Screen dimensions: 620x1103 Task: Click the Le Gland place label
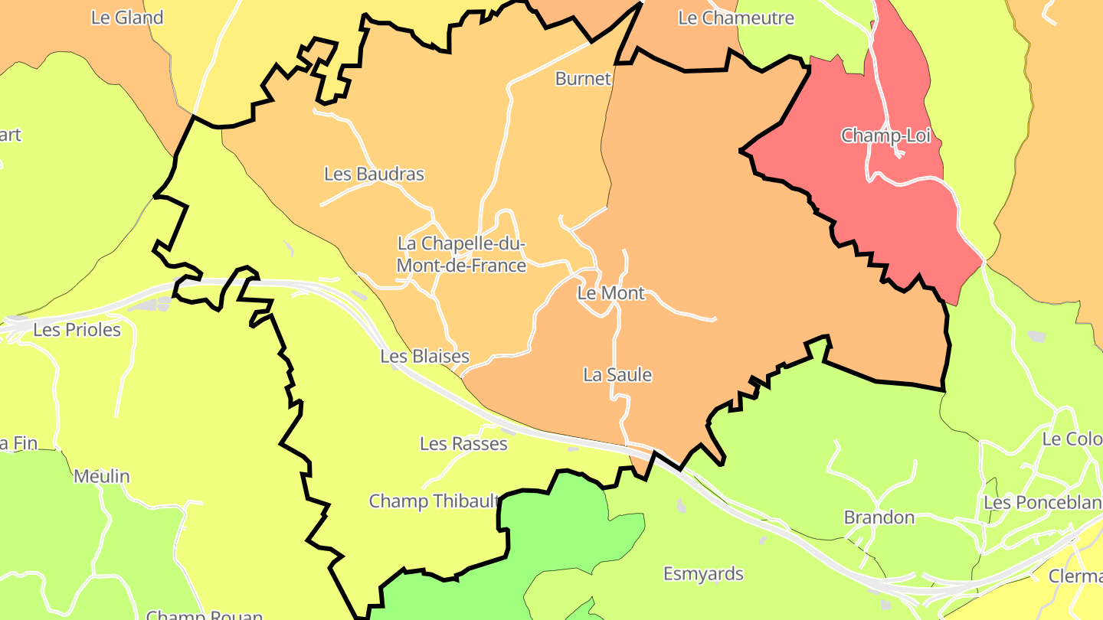pos(127,18)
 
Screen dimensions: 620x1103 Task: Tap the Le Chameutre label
pos(736,18)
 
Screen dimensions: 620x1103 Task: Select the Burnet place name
pos(583,78)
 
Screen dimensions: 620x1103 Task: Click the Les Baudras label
pos(374,174)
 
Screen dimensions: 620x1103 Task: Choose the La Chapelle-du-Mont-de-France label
pos(462,254)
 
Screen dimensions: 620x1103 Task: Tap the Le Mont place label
pos(610,292)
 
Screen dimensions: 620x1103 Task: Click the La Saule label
pos(617,374)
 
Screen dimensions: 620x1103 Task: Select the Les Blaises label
pos(424,356)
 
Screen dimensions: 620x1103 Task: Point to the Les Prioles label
pos(77,330)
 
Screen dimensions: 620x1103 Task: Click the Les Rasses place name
pos(463,443)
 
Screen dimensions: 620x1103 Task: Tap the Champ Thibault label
pos(434,501)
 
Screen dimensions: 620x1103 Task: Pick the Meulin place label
pos(102,476)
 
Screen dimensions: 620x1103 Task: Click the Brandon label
pos(879,517)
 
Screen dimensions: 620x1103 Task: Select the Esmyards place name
pos(703,573)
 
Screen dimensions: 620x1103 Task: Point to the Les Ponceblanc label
pos(1042,503)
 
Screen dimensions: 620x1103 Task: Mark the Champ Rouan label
pos(205,615)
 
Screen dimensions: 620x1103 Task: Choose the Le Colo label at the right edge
pos(1072,439)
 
